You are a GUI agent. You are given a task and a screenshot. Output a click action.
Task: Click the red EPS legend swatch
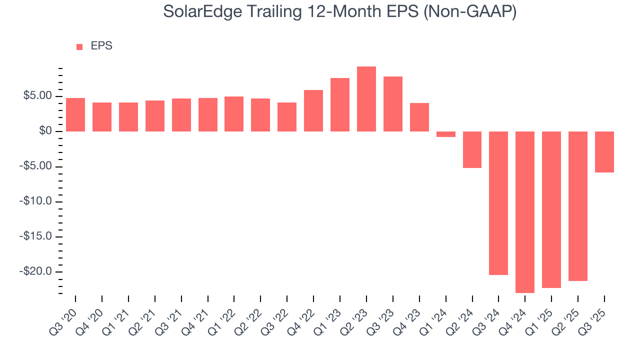pyautogui.click(x=79, y=46)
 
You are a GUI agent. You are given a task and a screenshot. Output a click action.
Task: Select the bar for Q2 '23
pyautogui.click(x=366, y=99)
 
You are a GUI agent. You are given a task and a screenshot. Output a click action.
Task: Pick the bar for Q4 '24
pyautogui.click(x=525, y=212)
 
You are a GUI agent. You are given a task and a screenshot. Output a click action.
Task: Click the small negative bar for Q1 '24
pyautogui.click(x=445, y=134)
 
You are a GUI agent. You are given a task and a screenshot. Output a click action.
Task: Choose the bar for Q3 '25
pyautogui.click(x=604, y=152)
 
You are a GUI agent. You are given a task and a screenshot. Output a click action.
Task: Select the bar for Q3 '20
pyautogui.click(x=75, y=114)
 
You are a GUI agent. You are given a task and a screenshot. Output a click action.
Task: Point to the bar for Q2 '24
pyautogui.click(x=472, y=149)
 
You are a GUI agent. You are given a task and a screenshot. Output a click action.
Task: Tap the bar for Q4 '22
pyautogui.click(x=313, y=110)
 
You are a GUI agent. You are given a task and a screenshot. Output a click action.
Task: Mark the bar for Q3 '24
pyautogui.click(x=498, y=203)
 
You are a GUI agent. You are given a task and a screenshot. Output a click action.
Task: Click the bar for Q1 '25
pyautogui.click(x=551, y=209)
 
